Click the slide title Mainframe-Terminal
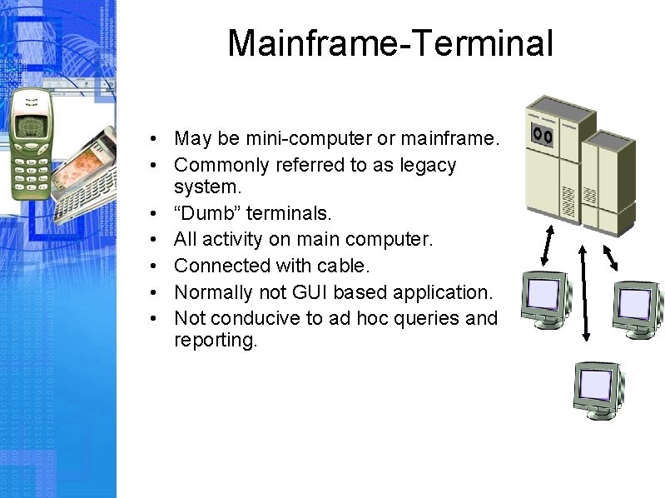[390, 43]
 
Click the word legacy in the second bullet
[426, 165]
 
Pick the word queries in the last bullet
[429, 318]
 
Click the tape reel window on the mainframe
[542, 134]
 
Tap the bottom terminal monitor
[596, 388]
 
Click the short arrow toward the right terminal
[610, 257]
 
